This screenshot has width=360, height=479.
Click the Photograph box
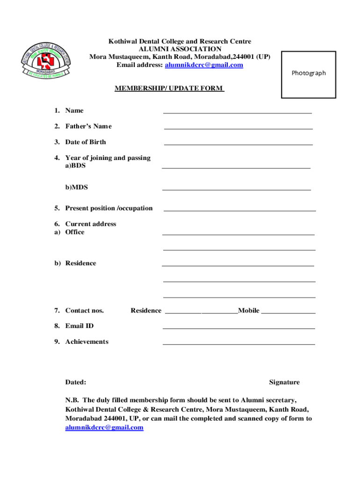pyautogui.click(x=309, y=74)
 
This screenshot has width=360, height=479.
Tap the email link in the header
pyautogui.click(x=204, y=65)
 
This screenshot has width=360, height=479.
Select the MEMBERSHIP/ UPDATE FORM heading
pyautogui.click(x=169, y=88)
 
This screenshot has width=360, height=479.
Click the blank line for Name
pyautogui.click(x=238, y=112)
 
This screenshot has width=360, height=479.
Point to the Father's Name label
pyautogui.click(x=88, y=126)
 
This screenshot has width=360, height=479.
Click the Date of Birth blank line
pyautogui.click(x=238, y=144)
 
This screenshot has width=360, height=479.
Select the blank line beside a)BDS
pyautogui.click(x=236, y=167)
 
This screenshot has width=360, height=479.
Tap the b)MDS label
pyautogui.click(x=77, y=188)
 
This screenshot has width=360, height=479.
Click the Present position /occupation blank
pyautogui.click(x=239, y=210)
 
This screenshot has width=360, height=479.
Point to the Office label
pyautogui.click(x=75, y=232)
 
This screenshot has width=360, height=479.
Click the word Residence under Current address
pyautogui.click(x=80, y=263)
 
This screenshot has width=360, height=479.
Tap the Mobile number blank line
pyautogui.click(x=288, y=312)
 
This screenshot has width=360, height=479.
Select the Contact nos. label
pyautogui.click(x=85, y=311)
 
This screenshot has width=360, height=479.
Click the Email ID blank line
pyautogui.click(x=238, y=328)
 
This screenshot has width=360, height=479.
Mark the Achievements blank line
pyautogui.click(x=238, y=344)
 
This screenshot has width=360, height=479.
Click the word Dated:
pyautogui.click(x=76, y=383)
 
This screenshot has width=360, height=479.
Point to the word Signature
pyautogui.click(x=284, y=383)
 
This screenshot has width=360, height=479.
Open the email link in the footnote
pyautogui.click(x=104, y=428)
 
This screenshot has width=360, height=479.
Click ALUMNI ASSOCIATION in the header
pyautogui.click(x=180, y=49)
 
